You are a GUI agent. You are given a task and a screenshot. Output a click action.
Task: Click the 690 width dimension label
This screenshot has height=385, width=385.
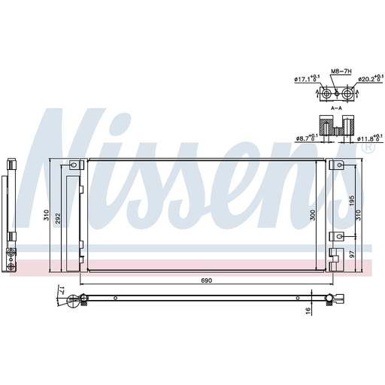tap(206, 280)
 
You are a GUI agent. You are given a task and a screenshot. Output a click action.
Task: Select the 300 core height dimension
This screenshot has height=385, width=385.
tap(312, 215)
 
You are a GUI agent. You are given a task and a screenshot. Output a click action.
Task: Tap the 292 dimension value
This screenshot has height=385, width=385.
tap(58, 219)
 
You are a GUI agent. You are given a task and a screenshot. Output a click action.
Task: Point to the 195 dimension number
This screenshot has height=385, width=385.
tap(352, 201)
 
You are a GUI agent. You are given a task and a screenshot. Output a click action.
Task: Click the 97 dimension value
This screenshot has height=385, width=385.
tap(352, 254)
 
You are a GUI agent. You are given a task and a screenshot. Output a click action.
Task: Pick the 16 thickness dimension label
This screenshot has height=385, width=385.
tap(308, 311)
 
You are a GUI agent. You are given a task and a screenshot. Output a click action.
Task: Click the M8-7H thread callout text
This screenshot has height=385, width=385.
tap(341, 71)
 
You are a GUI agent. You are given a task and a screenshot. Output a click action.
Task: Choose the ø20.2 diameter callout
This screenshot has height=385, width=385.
tap(371, 78)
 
